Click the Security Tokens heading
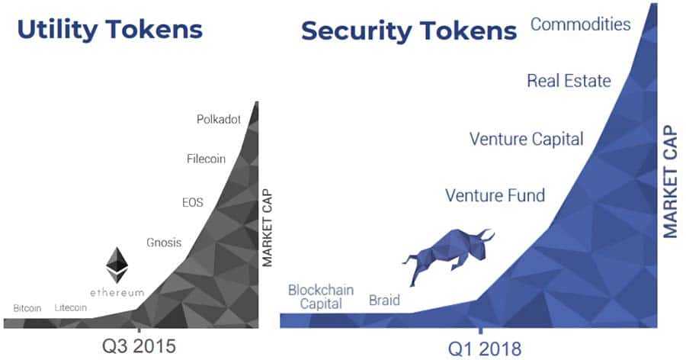pyautogui.click(x=409, y=31)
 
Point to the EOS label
pyautogui.click(x=193, y=204)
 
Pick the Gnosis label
pyautogui.click(x=164, y=243)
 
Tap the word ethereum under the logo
pyautogui.click(x=117, y=293)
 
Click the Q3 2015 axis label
pyautogui.click(x=139, y=346)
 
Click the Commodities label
pyautogui.click(x=581, y=24)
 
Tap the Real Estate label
pyautogui.click(x=569, y=80)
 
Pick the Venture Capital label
pyautogui.click(x=526, y=140)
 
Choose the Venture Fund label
pyautogui.click(x=495, y=196)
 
